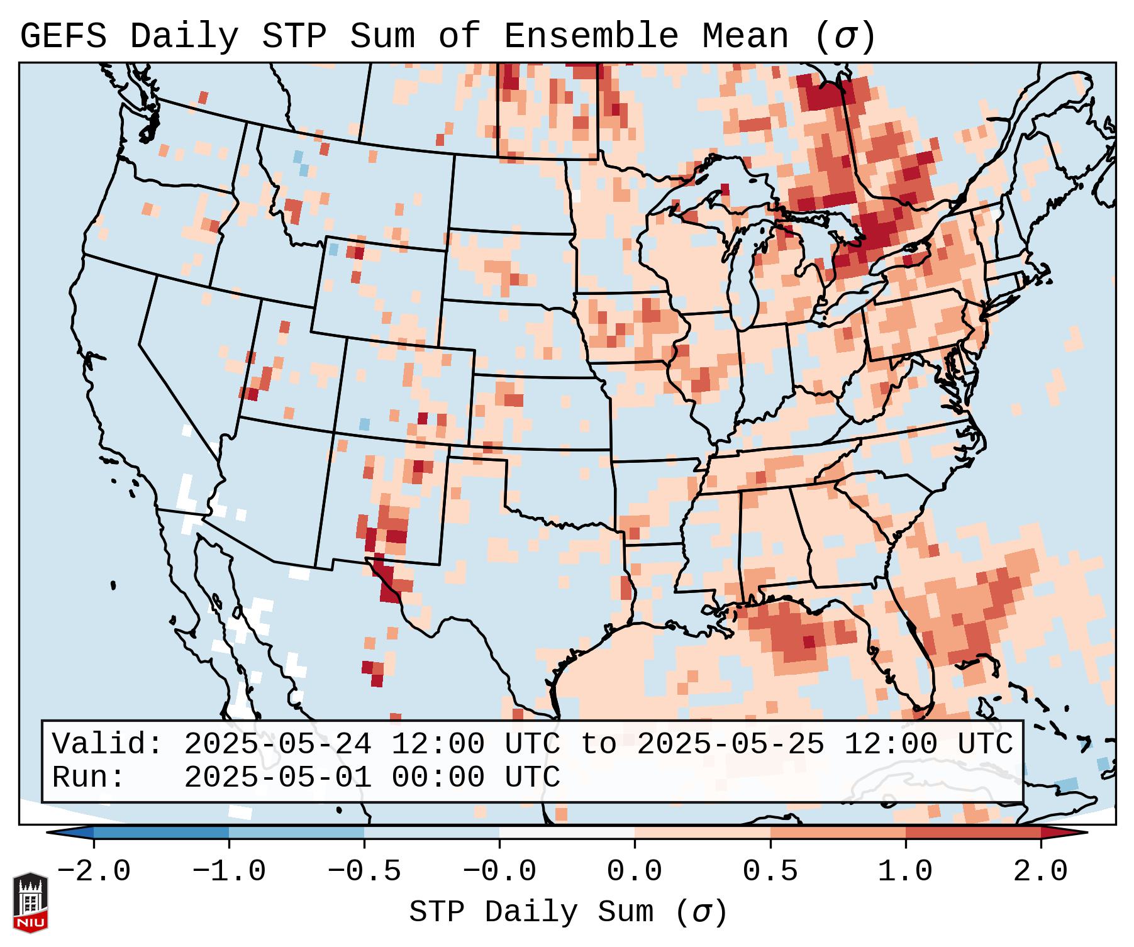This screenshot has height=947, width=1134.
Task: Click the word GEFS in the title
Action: (x=63, y=36)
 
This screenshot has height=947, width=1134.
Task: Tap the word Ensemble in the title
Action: (x=591, y=36)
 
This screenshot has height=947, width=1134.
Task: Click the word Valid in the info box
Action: (x=107, y=745)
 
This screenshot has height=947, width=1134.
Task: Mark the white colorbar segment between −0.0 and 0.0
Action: (x=567, y=833)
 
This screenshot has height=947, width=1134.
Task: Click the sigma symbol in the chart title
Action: (x=845, y=36)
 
